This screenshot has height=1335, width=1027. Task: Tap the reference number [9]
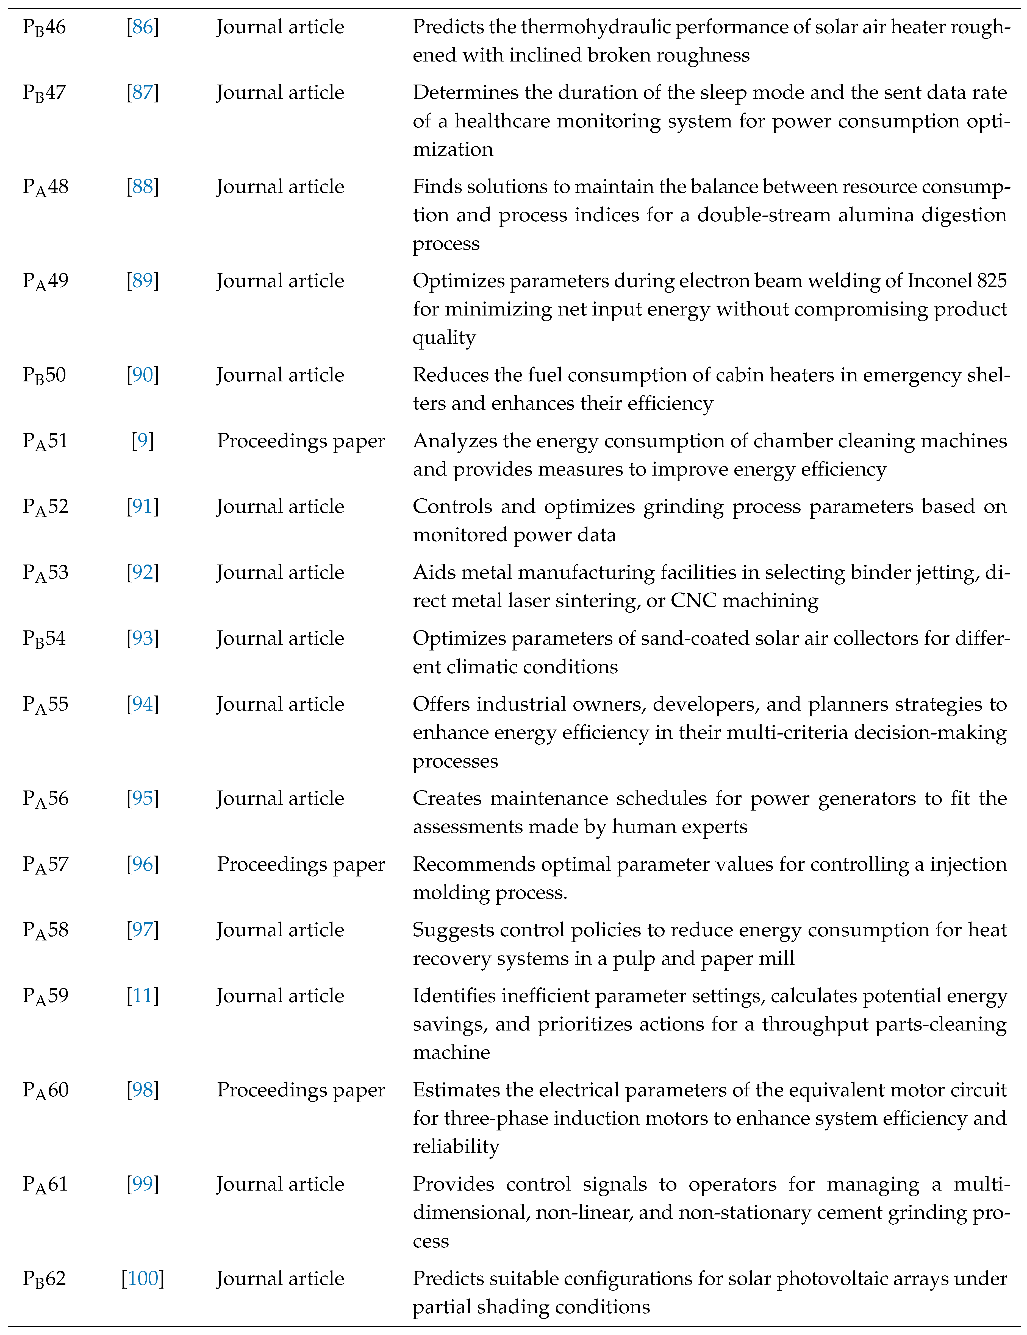(142, 441)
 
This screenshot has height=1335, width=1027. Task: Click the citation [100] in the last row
(142, 1279)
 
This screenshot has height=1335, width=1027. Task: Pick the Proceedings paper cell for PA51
(301, 441)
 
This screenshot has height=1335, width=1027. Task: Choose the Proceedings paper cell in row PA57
(301, 865)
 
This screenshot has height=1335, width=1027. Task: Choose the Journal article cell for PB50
(280, 375)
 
